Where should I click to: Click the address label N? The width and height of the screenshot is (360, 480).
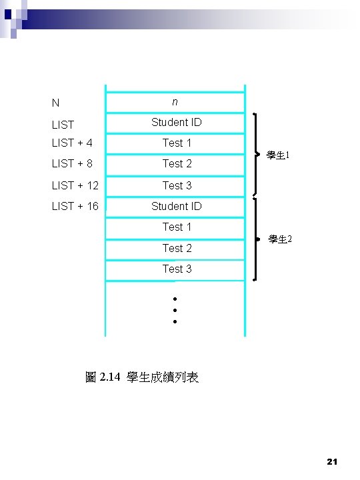55,103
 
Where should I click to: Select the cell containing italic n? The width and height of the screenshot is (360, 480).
175,102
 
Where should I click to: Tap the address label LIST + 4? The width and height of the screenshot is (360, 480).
72,143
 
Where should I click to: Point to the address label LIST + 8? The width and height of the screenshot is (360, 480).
72,163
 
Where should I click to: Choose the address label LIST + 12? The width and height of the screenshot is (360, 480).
75,185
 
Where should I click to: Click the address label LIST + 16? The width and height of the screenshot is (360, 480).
75,206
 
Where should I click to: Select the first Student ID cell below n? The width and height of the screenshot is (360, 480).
176,123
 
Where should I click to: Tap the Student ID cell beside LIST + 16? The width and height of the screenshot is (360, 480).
176,207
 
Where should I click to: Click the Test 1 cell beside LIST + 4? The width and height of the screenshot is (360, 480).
177,143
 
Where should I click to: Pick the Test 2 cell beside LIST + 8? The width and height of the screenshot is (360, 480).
177,164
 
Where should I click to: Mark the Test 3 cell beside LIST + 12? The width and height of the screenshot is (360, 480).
177,185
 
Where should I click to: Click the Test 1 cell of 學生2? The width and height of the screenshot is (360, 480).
177,227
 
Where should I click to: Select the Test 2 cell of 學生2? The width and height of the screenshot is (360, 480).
177,248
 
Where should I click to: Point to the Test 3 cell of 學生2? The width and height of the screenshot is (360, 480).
177,269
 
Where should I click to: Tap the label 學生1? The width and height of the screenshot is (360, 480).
277,155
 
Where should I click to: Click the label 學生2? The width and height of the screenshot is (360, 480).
279,239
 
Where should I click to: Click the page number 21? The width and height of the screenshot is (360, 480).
334,461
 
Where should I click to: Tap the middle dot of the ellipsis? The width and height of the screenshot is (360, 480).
174,310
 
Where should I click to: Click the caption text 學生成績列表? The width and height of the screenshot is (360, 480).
162,378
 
